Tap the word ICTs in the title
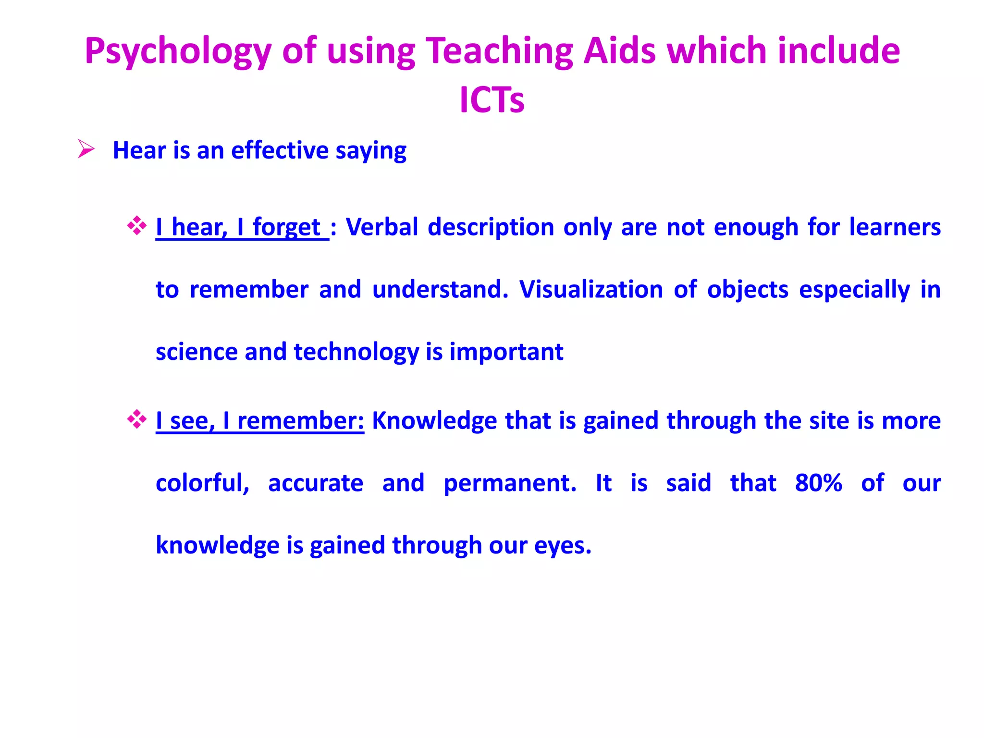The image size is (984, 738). pyautogui.click(x=492, y=100)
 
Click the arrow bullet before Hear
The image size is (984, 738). pyautogui.click(x=86, y=149)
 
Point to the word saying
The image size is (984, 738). pyautogui.click(x=371, y=150)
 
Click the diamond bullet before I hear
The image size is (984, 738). pyautogui.click(x=137, y=226)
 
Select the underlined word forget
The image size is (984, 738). pyautogui.click(x=286, y=227)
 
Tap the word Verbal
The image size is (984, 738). pyautogui.click(x=382, y=227)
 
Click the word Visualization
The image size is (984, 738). pyautogui.click(x=591, y=290)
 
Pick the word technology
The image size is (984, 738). pyautogui.click(x=357, y=352)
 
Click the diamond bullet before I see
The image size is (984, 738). pyautogui.click(x=137, y=419)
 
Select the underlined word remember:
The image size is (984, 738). pyautogui.click(x=301, y=421)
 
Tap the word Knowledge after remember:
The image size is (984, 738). pyautogui.click(x=434, y=421)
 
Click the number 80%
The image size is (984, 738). pyautogui.click(x=818, y=483)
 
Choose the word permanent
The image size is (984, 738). pyautogui.click(x=509, y=483)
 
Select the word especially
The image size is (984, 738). pyautogui.click(x=854, y=290)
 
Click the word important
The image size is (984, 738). pyautogui.click(x=506, y=352)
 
